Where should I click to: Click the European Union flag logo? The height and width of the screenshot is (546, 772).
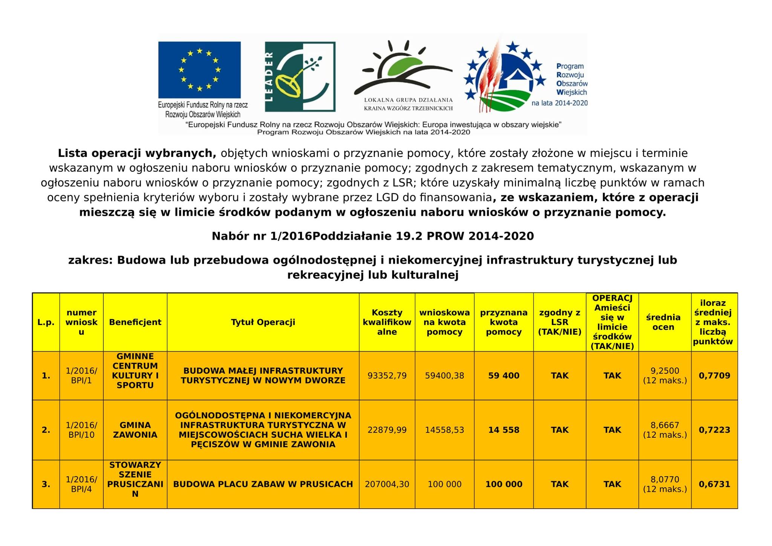pos(199,70)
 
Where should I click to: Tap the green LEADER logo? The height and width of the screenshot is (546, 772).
pos(300,77)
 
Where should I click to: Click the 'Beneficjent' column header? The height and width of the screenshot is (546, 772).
pos(135,322)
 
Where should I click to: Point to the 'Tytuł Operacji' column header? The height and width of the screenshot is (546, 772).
pos(263,322)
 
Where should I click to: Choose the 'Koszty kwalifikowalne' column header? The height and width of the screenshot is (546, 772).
pos(387,322)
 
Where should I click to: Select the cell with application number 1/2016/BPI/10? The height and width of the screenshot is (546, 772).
pos(81,430)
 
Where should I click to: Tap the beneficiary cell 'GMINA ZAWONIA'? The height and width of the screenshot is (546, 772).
pos(135,430)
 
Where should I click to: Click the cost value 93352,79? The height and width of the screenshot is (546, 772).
pos(387,376)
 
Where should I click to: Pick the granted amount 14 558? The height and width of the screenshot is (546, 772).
pos(504,430)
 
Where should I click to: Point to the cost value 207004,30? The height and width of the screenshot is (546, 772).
pos(387,484)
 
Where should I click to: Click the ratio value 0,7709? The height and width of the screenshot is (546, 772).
pos(714,376)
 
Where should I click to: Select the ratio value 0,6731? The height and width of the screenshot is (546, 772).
pos(714,484)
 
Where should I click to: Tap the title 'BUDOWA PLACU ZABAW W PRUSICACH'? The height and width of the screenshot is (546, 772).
pos(263,484)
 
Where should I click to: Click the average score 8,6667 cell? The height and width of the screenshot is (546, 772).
pos(665,430)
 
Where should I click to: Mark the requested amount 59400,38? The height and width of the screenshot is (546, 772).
pos(444,376)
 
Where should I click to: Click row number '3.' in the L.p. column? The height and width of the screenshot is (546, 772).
pos(46,484)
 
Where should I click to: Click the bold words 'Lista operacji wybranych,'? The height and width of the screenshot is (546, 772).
pos(137,153)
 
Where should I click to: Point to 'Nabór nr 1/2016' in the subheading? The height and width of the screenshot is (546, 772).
pos(262,236)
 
